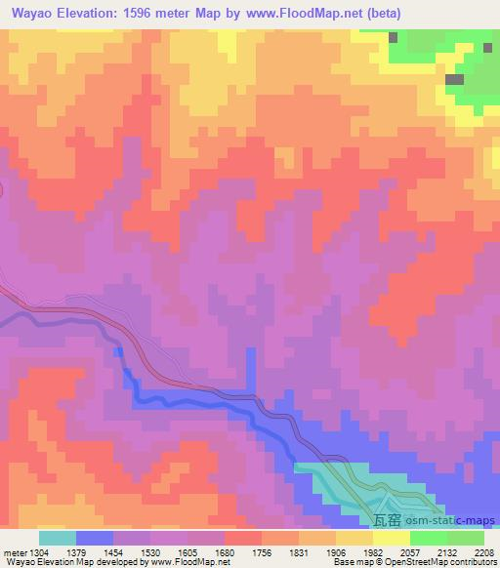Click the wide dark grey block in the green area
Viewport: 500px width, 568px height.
click(x=454, y=80)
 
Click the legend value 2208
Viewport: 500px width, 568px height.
click(x=485, y=551)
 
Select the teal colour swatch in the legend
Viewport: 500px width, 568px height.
click(x=58, y=538)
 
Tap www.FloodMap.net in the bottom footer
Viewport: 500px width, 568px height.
click(x=184, y=562)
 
